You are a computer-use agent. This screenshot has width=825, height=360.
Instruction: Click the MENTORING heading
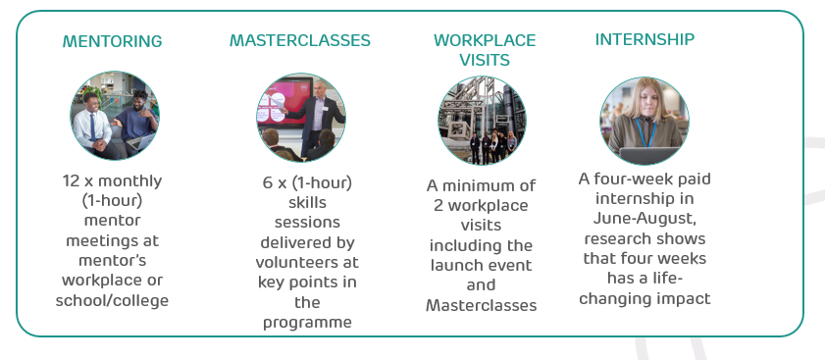point(112,41)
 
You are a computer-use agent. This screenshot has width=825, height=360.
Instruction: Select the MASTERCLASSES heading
point(300,40)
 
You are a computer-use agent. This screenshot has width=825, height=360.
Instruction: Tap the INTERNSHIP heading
point(645,39)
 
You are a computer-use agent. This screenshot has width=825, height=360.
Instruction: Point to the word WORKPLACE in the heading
point(485,40)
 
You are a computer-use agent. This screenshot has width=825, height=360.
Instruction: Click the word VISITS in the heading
point(485,60)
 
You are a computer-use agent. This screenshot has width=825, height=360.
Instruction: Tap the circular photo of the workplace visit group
point(482,120)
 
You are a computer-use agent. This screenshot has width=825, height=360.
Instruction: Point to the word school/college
point(113,299)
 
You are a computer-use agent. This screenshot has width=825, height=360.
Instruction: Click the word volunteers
point(307,263)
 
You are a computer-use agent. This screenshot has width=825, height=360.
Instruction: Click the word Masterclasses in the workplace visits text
point(482,305)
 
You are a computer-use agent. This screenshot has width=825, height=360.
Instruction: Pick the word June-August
point(645,218)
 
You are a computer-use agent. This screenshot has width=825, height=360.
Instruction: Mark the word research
point(620,238)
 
